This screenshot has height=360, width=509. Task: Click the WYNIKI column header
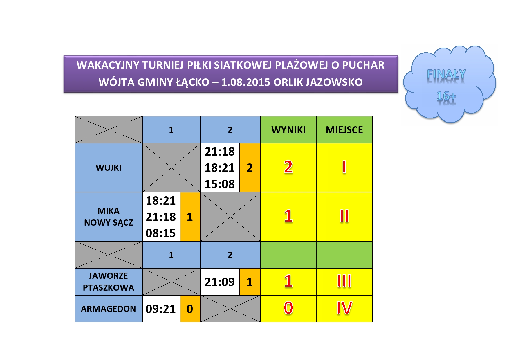tap(288, 130)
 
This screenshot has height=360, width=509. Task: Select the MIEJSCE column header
tap(344, 130)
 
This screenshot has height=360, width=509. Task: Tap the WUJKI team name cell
tap(109, 168)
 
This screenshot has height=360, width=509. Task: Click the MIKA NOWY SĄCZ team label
tap(109, 217)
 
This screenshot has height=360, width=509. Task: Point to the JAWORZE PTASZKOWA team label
tap(109, 282)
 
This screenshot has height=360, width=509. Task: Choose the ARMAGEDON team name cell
tap(109, 309)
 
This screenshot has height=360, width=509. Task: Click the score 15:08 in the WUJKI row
tap(220, 184)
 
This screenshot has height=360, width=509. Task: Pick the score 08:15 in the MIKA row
tap(160, 233)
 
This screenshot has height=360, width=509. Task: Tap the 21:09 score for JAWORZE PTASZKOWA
tap(220, 282)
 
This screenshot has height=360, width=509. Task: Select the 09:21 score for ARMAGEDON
tap(160, 309)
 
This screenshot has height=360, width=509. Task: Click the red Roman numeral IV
tap(344, 308)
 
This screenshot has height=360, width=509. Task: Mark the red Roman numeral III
tap(344, 281)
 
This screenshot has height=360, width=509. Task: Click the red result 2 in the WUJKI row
tap(288, 167)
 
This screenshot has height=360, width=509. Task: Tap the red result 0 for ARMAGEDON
tap(288, 308)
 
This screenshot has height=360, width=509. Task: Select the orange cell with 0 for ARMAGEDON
tap(190, 309)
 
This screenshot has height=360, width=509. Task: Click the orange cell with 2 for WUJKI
tap(250, 168)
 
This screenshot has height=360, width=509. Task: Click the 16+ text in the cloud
tap(446, 96)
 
